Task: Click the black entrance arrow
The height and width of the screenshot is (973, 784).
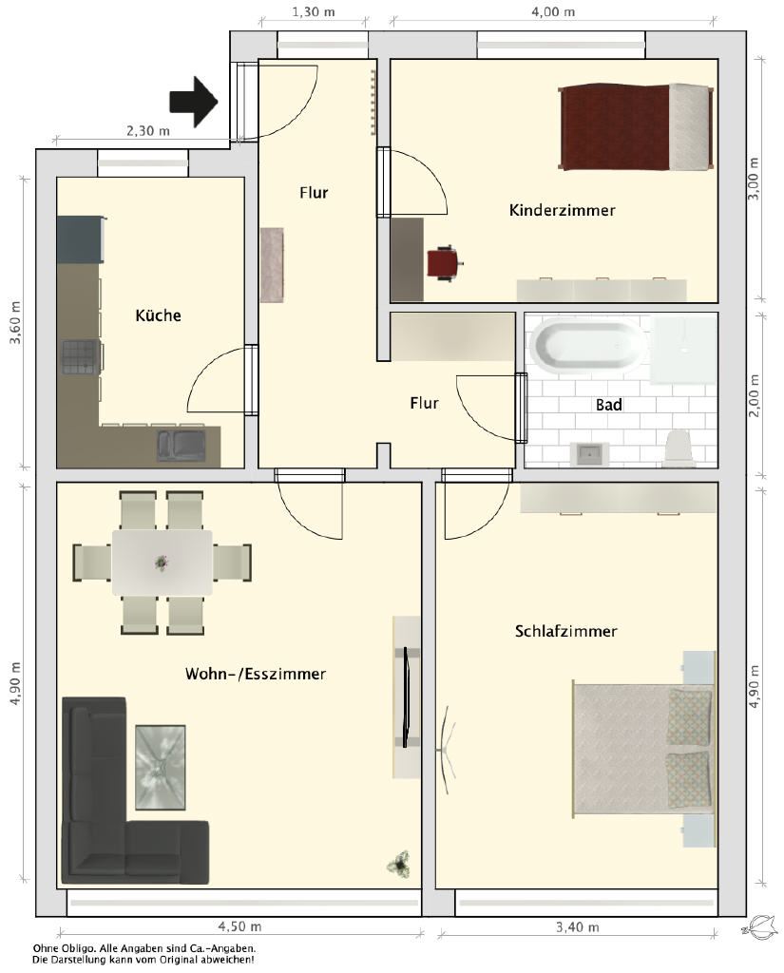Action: coord(194,102)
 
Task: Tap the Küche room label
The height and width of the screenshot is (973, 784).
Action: coord(159,315)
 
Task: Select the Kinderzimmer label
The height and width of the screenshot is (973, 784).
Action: coord(563,210)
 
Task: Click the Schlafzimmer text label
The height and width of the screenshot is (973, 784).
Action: coord(566,631)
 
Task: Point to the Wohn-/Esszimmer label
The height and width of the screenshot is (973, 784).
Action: coord(255,674)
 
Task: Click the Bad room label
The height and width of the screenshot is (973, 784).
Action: coord(609,405)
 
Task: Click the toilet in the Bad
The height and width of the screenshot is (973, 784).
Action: coord(678,447)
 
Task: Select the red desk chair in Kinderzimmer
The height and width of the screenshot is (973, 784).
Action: coord(443,263)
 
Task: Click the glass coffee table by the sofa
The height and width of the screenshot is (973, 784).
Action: coord(161,767)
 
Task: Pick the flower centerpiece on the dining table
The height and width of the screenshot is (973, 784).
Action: coord(162,563)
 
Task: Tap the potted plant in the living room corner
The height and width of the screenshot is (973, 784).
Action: coord(398,863)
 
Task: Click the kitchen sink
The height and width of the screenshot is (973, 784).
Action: coord(182,445)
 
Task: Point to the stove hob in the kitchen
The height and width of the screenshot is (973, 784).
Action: coord(81,357)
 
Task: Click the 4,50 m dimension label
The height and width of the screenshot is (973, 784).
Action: coord(239,926)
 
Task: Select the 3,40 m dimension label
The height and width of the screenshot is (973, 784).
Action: coord(577,927)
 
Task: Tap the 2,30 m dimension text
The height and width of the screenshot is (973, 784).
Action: coord(147,131)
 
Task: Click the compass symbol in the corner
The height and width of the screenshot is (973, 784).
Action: coord(759,927)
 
